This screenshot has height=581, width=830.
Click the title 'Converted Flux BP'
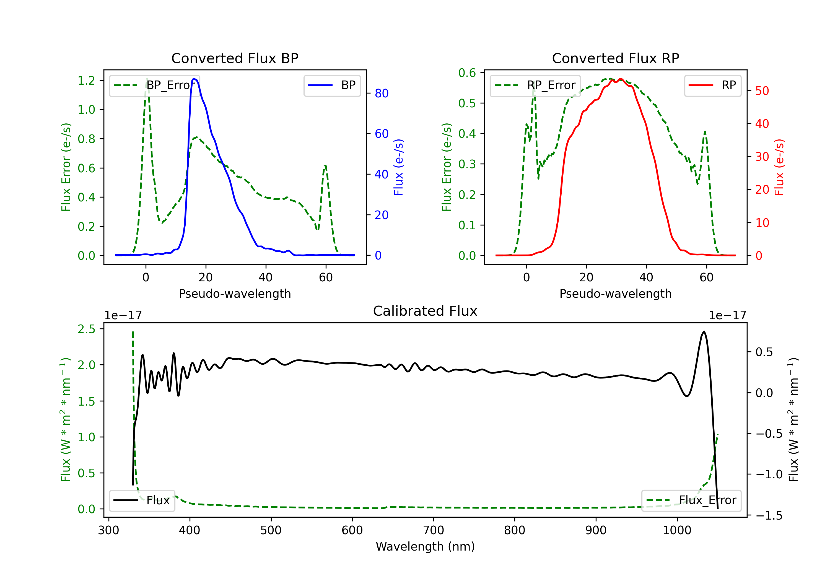coord(235,58)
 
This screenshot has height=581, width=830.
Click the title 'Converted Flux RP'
coord(616,58)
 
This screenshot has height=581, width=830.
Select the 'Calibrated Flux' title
coord(425,311)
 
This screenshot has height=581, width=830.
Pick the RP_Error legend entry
coord(535,85)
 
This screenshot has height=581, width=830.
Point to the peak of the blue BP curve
coord(194,79)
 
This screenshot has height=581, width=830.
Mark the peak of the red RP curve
coord(621,79)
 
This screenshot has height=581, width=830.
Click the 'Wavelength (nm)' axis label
coord(425,546)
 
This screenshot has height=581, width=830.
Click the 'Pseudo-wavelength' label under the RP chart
coord(616,294)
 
